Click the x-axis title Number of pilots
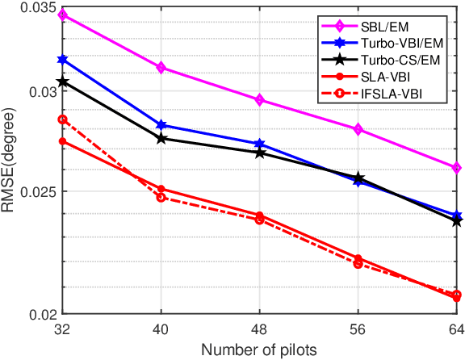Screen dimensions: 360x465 (x=259, y=350)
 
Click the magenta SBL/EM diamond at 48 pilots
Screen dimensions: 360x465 (x=260, y=100)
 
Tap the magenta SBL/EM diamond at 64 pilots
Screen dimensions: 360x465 (x=457, y=168)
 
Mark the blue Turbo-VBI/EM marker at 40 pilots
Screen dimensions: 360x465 (x=161, y=125)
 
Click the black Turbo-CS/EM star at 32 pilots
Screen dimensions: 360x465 (x=63, y=82)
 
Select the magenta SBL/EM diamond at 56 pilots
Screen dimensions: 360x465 (x=358, y=129)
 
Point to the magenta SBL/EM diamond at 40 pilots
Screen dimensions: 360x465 (x=161, y=68)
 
